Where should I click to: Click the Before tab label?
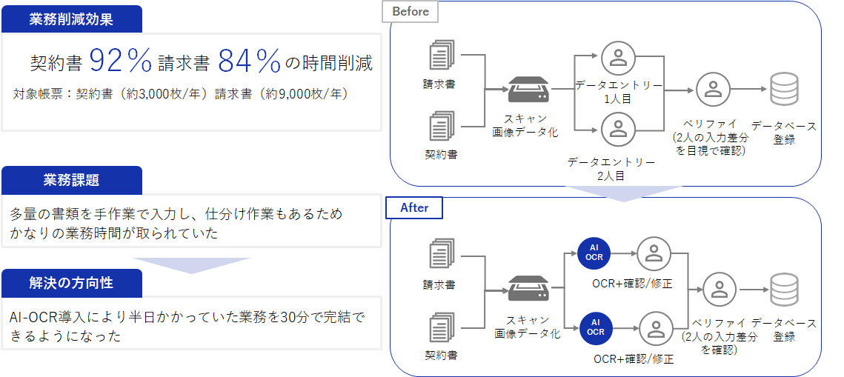[411, 11]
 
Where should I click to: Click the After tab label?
[414, 208]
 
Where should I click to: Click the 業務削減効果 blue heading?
[72, 19]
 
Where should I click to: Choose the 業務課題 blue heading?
[72, 180]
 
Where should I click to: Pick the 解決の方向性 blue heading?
[72, 283]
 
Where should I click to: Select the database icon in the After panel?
[783, 290]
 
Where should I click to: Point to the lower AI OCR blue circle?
[595, 327]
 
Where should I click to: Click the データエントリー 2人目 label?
[611, 169]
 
